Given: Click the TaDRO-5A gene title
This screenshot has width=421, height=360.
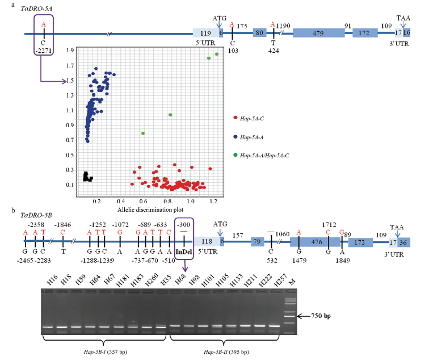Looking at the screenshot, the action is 36,9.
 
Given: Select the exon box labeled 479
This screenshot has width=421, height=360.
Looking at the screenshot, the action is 318,33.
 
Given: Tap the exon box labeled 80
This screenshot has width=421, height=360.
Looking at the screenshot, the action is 259,33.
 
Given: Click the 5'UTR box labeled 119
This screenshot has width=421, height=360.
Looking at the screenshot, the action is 206,33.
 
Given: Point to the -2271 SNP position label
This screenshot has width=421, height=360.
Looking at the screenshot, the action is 44,51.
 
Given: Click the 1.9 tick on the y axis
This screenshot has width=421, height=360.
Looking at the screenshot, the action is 70,50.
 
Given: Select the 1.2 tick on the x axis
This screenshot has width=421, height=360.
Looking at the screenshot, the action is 213,201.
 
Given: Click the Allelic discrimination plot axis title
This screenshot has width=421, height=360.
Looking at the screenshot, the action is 150,210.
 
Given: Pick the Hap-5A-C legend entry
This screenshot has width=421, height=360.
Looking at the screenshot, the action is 249,118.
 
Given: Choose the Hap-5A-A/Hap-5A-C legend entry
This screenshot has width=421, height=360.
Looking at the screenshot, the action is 261,155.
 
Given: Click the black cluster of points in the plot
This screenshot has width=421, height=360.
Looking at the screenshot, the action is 87,177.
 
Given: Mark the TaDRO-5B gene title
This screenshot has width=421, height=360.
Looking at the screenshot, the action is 36,215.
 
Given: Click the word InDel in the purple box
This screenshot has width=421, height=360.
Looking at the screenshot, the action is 184,252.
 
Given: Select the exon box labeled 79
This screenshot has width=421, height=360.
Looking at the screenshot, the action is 257,242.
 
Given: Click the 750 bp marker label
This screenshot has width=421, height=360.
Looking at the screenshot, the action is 321,316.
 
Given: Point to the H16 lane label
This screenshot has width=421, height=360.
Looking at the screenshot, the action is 52,280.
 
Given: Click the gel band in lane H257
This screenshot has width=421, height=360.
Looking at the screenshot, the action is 274,326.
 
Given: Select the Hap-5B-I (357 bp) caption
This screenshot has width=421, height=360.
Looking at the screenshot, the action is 106,351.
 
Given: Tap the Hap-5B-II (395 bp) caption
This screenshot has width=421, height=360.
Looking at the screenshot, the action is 226,351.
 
